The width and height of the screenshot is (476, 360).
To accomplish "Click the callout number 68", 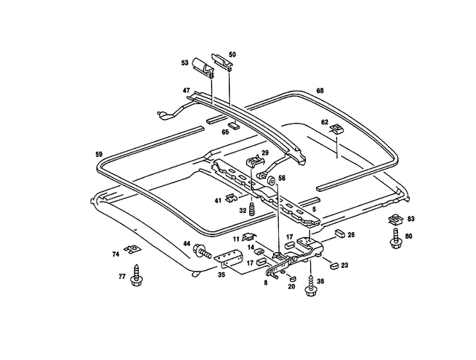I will [x=320, y=91].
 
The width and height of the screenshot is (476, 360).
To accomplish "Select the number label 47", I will [x=187, y=90].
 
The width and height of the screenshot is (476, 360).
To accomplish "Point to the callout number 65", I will [x=225, y=131].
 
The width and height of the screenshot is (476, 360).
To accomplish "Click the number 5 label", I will [x=314, y=210].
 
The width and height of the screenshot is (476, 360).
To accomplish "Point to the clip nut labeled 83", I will [x=394, y=219].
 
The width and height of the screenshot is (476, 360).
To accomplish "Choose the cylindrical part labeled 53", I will [x=202, y=66].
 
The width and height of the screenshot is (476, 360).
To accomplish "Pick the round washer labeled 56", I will [x=270, y=180].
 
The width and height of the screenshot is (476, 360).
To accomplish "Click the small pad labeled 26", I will [x=339, y=232].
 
